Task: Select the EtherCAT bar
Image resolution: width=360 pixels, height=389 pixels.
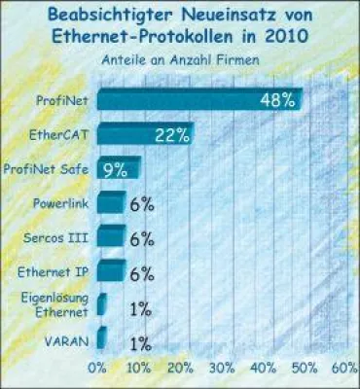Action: coord(144,134)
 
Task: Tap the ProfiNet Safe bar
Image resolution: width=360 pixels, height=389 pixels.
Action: coord(119,168)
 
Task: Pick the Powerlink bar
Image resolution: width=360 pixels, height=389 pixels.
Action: coord(111,202)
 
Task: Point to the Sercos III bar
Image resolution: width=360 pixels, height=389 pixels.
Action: coord(111,236)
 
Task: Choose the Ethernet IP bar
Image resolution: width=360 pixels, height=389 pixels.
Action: coord(111,271)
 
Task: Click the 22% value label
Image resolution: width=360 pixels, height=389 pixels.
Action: coord(170,134)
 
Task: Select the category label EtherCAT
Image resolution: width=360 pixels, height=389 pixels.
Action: coord(61,134)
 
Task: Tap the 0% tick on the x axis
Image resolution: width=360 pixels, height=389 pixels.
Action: coord(97,370)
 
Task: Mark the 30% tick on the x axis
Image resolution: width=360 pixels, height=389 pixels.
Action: coord(222,370)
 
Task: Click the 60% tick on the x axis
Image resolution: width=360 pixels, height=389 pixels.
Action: coord(344,370)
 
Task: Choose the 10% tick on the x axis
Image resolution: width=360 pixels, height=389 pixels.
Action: coord(139,370)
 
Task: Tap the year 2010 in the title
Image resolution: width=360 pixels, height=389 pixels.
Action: coord(287,36)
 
